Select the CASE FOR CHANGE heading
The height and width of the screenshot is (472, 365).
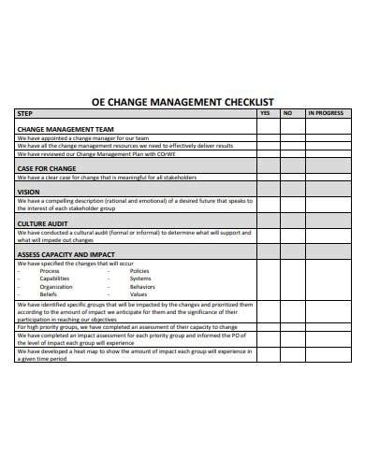tap(45, 168)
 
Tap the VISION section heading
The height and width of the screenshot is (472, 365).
tap(29, 192)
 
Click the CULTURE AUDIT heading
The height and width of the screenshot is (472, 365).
tap(43, 223)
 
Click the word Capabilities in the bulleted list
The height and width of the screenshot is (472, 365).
tap(54, 279)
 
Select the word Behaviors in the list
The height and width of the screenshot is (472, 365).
tap(145, 286)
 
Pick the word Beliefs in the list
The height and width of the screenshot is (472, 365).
tap(48, 293)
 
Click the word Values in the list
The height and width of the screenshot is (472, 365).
tap(139, 293)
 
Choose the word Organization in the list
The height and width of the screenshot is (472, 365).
tap(55, 286)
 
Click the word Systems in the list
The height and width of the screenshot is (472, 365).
tap(140, 279)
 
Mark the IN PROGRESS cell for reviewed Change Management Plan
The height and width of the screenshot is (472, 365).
tap(328, 152)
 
